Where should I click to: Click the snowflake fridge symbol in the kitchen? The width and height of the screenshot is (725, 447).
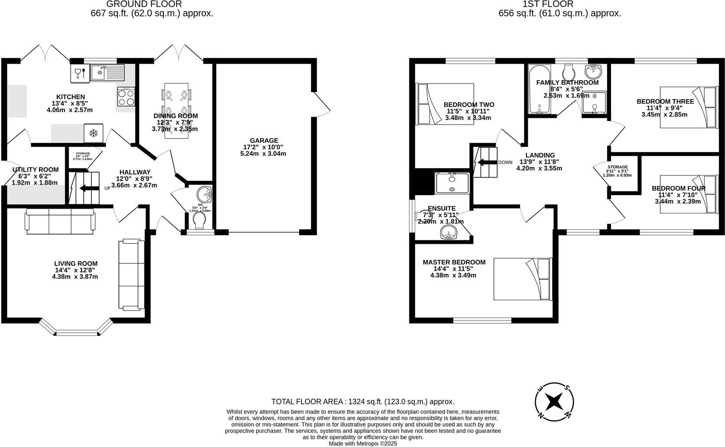pos(93,133)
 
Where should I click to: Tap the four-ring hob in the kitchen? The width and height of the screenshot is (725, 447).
pos(126,97)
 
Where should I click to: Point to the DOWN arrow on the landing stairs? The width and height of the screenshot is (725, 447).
pos(487,162)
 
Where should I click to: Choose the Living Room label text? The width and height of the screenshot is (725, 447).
pos(75,263)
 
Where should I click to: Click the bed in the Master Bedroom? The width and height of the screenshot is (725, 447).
pos(522,279)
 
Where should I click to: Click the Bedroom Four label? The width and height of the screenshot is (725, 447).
pos(679,188)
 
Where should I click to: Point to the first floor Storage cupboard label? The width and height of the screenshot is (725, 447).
pos(617,167)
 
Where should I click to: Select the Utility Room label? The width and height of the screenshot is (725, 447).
pos(35,169)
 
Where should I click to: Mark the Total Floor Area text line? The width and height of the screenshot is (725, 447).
pos(362,402)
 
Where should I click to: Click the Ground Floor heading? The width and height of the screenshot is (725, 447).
pos(144,4)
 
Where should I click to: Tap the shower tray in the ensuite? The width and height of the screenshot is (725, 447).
pos(452,183)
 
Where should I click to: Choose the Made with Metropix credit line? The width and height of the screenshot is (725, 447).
pos(362,443)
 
